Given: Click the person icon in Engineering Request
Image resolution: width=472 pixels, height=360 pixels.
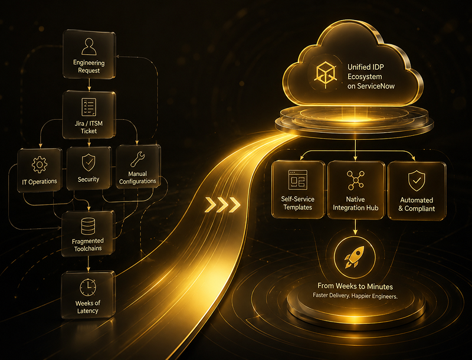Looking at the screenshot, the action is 89,47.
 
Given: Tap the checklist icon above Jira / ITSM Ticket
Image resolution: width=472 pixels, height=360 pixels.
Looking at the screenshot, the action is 89,107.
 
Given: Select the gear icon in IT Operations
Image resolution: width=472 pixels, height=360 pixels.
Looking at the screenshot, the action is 40,165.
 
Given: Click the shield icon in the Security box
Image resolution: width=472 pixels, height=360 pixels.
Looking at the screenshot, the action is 88,162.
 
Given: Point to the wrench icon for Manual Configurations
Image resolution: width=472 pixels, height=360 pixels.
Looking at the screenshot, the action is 137,159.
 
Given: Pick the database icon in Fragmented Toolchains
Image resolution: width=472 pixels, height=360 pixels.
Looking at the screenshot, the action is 88,226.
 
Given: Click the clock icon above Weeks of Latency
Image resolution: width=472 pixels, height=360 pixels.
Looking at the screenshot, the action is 88,287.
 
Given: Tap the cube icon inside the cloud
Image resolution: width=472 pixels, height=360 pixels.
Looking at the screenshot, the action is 326,73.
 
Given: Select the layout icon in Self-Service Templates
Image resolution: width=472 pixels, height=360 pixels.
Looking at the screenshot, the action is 298,179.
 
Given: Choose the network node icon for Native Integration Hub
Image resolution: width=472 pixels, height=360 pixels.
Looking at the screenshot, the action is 356,180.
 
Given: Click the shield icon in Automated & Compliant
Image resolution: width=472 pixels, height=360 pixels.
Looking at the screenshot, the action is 417,181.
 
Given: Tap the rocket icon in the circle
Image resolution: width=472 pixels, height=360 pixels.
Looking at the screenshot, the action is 355,257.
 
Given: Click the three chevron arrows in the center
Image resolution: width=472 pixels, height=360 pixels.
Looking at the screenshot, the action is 222,205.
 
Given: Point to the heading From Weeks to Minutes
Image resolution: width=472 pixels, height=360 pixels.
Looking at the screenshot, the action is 355,286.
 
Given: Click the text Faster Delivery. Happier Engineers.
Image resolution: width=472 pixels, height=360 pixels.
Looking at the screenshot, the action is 355,296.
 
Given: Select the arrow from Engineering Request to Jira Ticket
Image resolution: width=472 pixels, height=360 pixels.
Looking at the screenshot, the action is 89,85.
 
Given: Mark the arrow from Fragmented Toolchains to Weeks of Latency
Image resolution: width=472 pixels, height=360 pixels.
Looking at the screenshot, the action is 88,264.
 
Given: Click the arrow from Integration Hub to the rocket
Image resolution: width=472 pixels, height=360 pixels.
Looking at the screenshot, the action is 356,227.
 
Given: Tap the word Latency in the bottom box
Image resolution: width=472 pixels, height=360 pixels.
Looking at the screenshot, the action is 87,311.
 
